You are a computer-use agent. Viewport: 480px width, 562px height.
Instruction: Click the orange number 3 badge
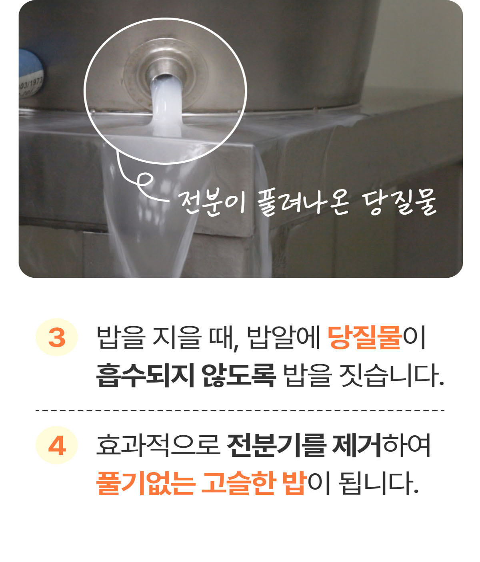point(56,337)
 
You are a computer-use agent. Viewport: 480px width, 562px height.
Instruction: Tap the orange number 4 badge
point(56,445)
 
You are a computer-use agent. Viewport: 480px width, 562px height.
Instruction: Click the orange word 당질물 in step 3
point(365,337)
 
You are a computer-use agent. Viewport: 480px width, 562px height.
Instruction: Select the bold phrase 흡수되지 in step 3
point(145,375)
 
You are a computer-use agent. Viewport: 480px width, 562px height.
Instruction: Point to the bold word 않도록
point(239,375)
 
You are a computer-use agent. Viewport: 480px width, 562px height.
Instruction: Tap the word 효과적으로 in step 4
point(158,445)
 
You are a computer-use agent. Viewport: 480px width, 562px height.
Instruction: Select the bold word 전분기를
point(276,445)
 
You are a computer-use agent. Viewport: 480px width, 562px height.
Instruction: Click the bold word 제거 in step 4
point(357,445)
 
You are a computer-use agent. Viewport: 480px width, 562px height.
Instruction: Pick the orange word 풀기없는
point(146,483)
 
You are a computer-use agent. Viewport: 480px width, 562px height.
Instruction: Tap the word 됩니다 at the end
point(378,483)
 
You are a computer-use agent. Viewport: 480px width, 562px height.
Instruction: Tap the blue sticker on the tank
point(31,73)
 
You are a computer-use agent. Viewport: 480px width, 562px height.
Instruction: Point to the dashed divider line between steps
point(240,410)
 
